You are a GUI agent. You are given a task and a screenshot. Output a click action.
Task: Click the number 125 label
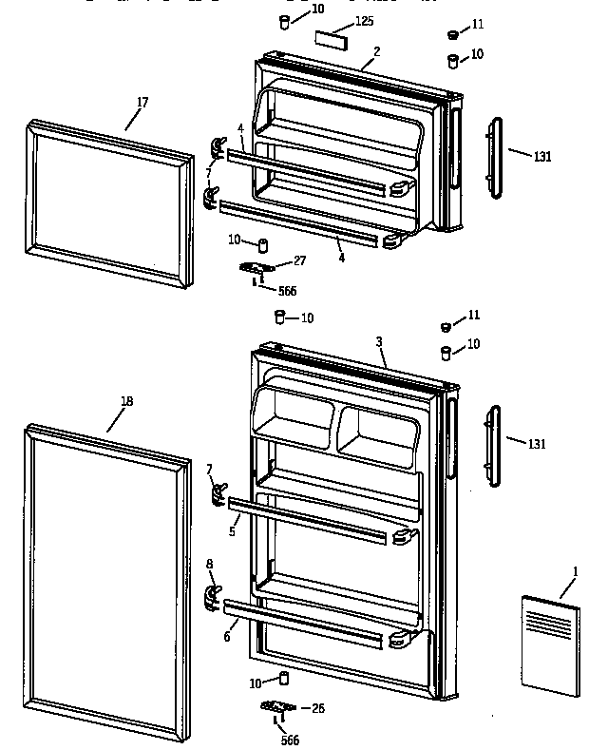point(365,20)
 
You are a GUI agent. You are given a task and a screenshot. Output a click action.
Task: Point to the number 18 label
point(126,400)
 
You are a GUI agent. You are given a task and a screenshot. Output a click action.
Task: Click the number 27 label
point(299,260)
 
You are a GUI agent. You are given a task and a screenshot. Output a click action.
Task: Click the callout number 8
point(209,565)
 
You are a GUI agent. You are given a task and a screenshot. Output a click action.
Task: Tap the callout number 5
point(231,531)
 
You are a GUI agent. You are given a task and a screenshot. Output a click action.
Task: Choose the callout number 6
point(226,636)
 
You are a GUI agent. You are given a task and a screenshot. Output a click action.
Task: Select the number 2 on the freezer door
point(376,50)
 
